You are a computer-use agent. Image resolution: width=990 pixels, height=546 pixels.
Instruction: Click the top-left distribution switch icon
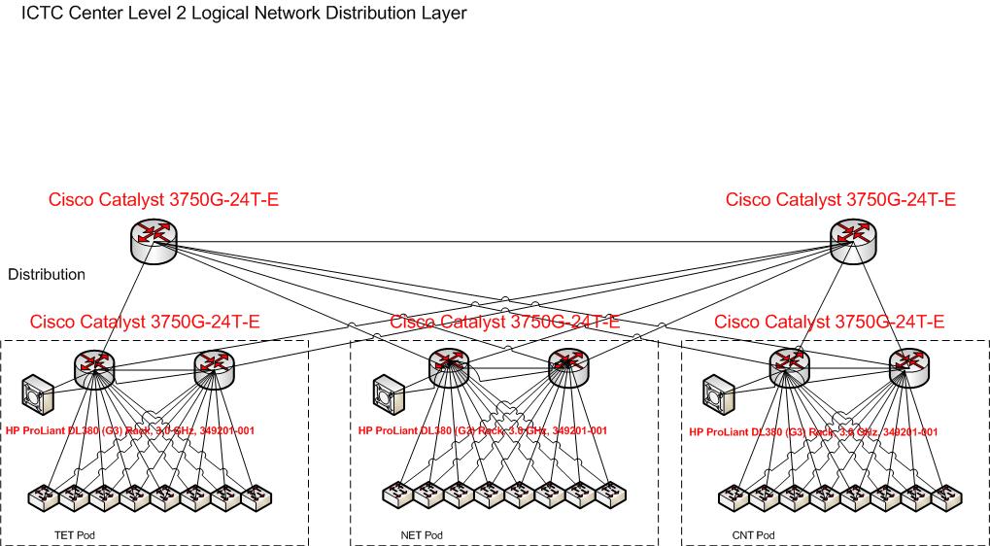153,237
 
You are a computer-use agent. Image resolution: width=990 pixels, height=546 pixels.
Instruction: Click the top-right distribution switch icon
852,237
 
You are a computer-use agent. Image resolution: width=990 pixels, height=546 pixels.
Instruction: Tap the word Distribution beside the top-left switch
47,275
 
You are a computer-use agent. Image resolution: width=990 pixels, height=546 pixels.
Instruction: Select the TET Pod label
74,535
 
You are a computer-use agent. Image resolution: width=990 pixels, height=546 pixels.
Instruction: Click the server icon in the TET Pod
40,392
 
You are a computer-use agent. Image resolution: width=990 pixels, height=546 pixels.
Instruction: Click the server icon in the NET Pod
388,393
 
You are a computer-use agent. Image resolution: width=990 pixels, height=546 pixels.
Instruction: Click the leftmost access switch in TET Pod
44,497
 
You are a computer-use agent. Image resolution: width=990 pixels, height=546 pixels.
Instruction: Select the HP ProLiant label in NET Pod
482,430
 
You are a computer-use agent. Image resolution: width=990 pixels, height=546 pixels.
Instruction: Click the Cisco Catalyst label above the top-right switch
840,200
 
